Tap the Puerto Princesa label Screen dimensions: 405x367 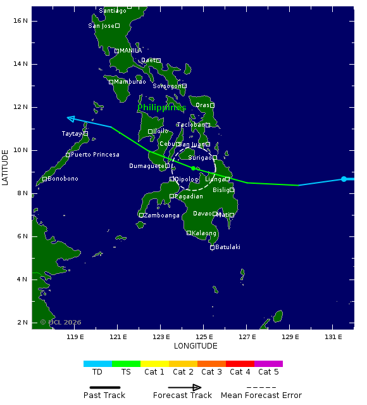click(x=95, y=155)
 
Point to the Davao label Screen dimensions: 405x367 click(x=202, y=214)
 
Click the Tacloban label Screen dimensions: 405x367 click(x=190, y=125)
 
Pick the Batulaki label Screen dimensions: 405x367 click(x=228, y=247)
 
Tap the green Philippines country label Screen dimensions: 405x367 click(x=159, y=108)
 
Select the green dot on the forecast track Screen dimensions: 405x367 click(x=193, y=168)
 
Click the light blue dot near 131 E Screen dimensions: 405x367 click(x=344, y=179)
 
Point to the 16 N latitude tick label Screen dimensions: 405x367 click(x=21, y=21)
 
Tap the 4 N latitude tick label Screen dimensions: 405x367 click(x=23, y=280)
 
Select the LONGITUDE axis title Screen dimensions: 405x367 click(x=196, y=347)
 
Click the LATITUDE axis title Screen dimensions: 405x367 click(x=6, y=167)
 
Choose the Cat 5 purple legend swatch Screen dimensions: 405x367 click(x=268, y=364)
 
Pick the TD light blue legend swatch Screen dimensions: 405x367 click(x=97, y=364)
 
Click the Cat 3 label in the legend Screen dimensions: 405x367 click(x=211, y=372)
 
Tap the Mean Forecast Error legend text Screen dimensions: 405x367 click(x=261, y=395)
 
